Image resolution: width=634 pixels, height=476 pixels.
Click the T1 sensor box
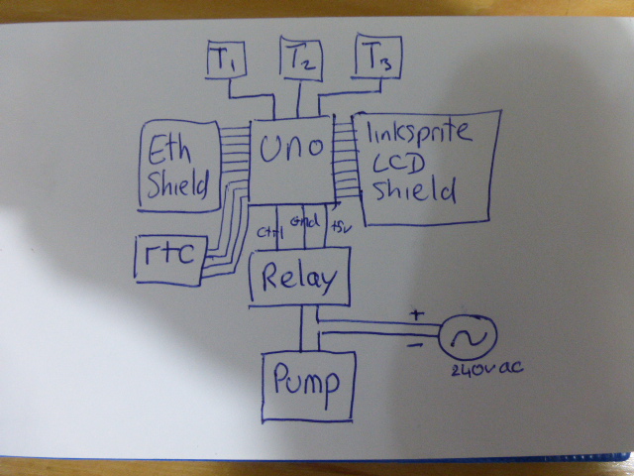pos(227,60)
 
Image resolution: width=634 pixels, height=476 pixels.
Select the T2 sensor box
pos(300,59)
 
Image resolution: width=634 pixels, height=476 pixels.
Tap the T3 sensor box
pos(376,59)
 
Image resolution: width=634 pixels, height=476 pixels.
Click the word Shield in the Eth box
pos(178,184)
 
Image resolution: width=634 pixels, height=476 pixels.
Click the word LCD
pos(396,162)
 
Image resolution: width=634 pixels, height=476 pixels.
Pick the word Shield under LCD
pos(411,189)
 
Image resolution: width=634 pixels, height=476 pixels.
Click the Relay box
pos(299,279)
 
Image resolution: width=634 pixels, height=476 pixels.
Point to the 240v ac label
pos(485,370)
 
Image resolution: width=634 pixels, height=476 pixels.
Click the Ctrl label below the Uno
pos(266,232)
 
